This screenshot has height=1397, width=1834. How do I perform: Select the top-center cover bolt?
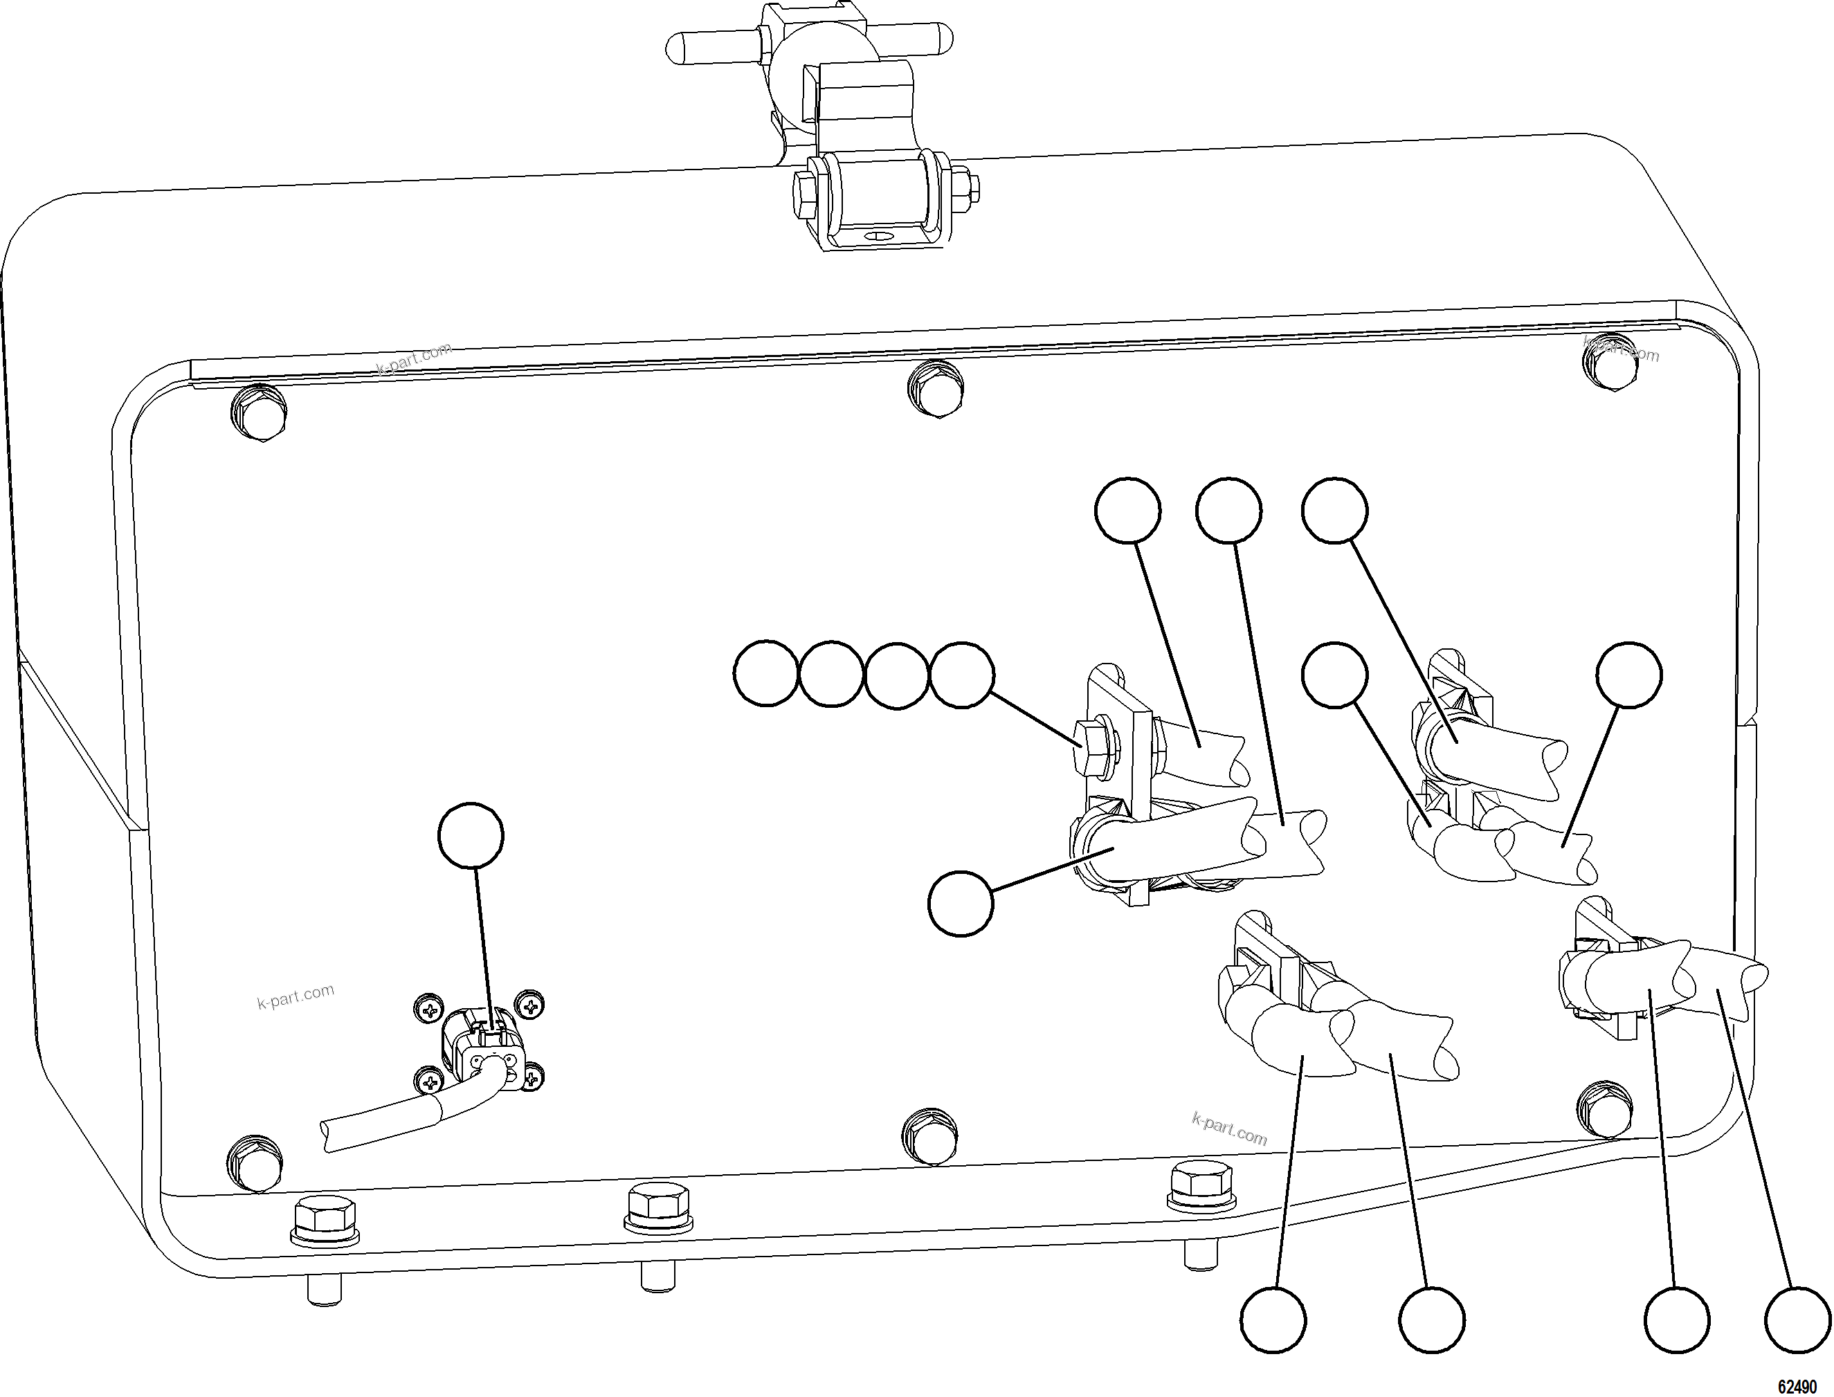tap(936, 388)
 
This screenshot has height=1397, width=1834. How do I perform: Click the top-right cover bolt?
tap(1613, 363)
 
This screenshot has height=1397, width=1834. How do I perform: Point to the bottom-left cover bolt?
tap(255, 1162)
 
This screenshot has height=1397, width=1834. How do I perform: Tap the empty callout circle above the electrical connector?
tap(471, 835)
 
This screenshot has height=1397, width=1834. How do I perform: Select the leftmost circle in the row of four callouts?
tap(766, 673)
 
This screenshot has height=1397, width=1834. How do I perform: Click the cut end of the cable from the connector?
tap(327, 1135)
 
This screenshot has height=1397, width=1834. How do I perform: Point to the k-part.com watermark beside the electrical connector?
tap(296, 996)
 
